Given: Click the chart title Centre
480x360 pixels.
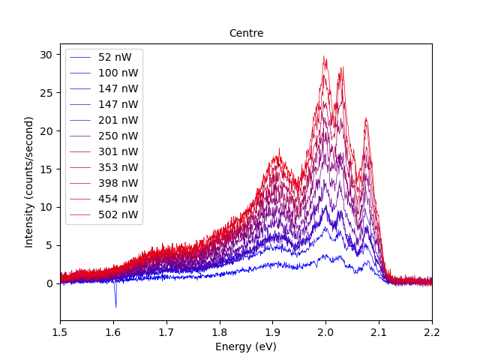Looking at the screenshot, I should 246,34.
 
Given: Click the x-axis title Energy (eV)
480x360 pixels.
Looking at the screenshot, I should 246,346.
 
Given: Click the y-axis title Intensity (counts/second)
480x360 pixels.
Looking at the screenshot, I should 29,182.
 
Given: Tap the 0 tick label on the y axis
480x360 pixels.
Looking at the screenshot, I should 49,283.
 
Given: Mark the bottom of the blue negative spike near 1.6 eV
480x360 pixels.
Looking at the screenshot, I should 115,307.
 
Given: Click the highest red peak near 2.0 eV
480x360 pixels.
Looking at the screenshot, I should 324,56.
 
